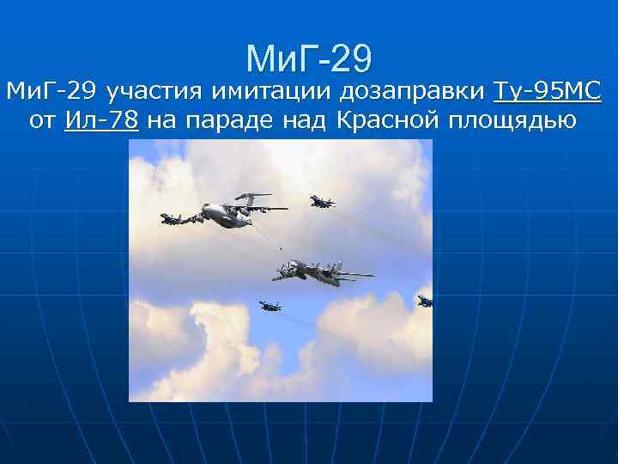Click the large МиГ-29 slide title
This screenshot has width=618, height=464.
pyautogui.click(x=309, y=58)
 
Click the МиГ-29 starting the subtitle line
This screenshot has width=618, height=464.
pyautogui.click(x=51, y=91)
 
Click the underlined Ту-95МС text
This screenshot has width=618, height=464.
pyautogui.click(x=548, y=90)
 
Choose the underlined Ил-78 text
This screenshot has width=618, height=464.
pyautogui.click(x=101, y=121)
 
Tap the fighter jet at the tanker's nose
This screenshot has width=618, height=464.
pyautogui.click(x=177, y=218)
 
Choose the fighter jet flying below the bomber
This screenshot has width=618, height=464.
pyautogui.click(x=270, y=306)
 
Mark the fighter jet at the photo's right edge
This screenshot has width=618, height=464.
pyautogui.click(x=425, y=301)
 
